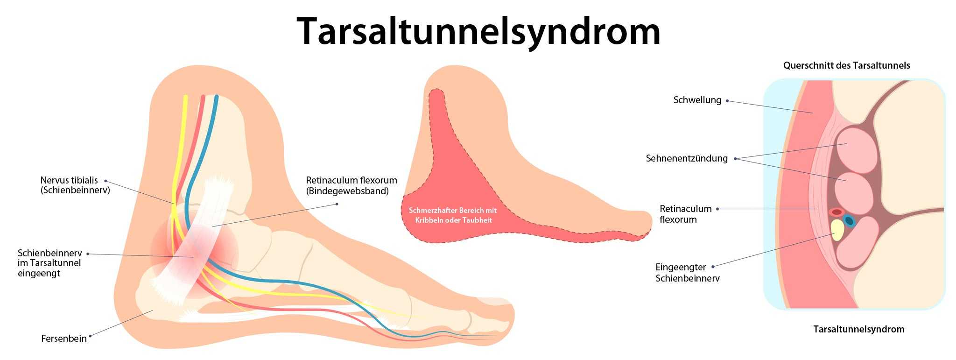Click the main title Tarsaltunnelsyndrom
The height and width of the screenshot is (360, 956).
coord(478,32)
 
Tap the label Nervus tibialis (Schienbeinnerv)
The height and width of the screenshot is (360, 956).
coord(75,185)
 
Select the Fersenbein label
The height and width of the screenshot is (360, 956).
coord(64,339)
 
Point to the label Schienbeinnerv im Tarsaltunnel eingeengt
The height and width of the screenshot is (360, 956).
coord(50,263)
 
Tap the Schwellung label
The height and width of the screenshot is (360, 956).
coord(697,100)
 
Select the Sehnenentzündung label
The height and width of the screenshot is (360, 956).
coord(687,158)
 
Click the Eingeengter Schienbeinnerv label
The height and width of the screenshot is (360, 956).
coord(688,273)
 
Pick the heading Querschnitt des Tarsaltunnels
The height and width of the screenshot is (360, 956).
coord(847,65)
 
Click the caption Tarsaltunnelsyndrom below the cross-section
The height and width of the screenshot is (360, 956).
coord(859,329)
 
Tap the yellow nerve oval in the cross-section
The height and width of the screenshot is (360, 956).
coord(837,230)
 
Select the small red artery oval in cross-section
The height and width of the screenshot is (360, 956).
coord(836,212)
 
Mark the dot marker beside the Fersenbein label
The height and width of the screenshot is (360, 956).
coord(90,336)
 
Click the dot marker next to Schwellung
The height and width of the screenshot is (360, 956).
coord(727,101)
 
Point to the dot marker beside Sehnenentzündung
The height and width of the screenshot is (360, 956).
coord(735,159)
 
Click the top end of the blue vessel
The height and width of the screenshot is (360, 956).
coord(217,97)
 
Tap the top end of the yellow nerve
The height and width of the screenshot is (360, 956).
coord(185,97)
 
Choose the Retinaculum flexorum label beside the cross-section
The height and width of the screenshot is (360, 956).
coord(685,214)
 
